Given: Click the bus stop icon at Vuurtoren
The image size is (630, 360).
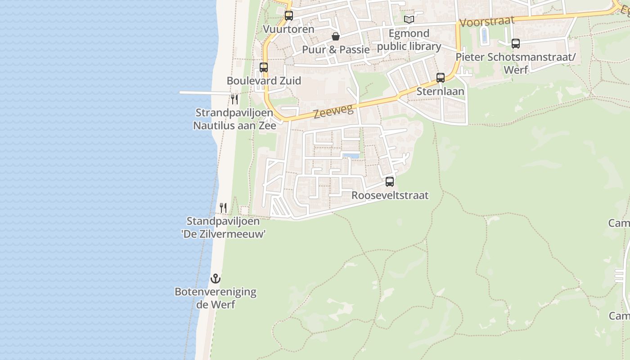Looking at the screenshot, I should (x=289, y=16).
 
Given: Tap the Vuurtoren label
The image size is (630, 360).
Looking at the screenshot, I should (x=289, y=29).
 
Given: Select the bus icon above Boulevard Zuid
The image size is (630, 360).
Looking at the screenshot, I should (x=264, y=67).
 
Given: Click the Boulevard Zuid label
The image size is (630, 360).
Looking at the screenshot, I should (x=264, y=81).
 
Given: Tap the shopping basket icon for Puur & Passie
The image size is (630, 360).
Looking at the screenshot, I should (x=336, y=36).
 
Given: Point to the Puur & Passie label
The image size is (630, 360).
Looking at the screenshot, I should (x=336, y=49).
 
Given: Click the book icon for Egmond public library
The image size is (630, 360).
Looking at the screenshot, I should (x=409, y=19).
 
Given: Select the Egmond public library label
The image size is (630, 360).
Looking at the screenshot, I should (x=409, y=40).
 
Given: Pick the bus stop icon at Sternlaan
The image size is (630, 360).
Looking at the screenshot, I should (x=441, y=77).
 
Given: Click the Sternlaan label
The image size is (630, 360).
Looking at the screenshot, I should (x=440, y=91).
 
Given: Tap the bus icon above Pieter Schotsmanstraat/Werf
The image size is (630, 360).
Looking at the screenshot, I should (x=516, y=44).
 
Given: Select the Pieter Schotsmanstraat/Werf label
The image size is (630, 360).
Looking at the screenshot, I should (x=516, y=63).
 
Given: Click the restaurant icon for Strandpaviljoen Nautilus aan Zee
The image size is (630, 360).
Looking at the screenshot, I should (x=234, y=99).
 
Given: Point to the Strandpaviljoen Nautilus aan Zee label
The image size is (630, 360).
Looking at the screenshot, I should (x=234, y=119).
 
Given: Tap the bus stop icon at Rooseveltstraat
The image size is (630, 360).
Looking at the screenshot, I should (x=390, y=182).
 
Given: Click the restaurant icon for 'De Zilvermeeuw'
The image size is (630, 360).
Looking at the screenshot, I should (x=223, y=207).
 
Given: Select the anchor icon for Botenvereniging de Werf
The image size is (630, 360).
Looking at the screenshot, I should (x=216, y=279).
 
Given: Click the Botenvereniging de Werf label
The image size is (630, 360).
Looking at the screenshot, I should (x=216, y=298).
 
